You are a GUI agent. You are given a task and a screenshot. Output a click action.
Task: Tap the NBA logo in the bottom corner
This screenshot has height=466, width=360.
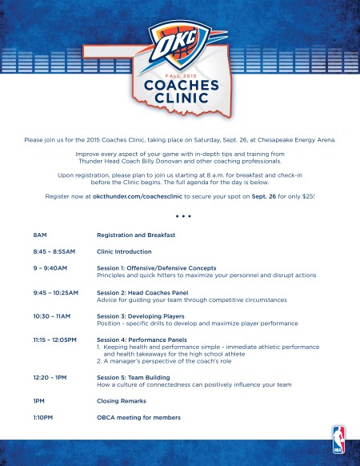(x=338, y=438)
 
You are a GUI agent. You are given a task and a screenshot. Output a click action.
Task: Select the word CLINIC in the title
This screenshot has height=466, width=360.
(x=180, y=99)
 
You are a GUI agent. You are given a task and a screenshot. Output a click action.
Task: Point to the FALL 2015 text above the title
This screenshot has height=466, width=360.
(x=180, y=73)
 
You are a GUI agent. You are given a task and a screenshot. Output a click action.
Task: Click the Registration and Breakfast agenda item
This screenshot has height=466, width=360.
(x=136, y=235)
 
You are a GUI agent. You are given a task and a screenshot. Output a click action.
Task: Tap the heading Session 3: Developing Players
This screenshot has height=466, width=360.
(x=150, y=316)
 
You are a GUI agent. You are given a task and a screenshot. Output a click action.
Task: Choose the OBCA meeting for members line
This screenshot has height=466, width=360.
(x=138, y=417)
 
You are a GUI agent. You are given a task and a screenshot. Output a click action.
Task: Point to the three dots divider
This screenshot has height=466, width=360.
(x=180, y=215)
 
